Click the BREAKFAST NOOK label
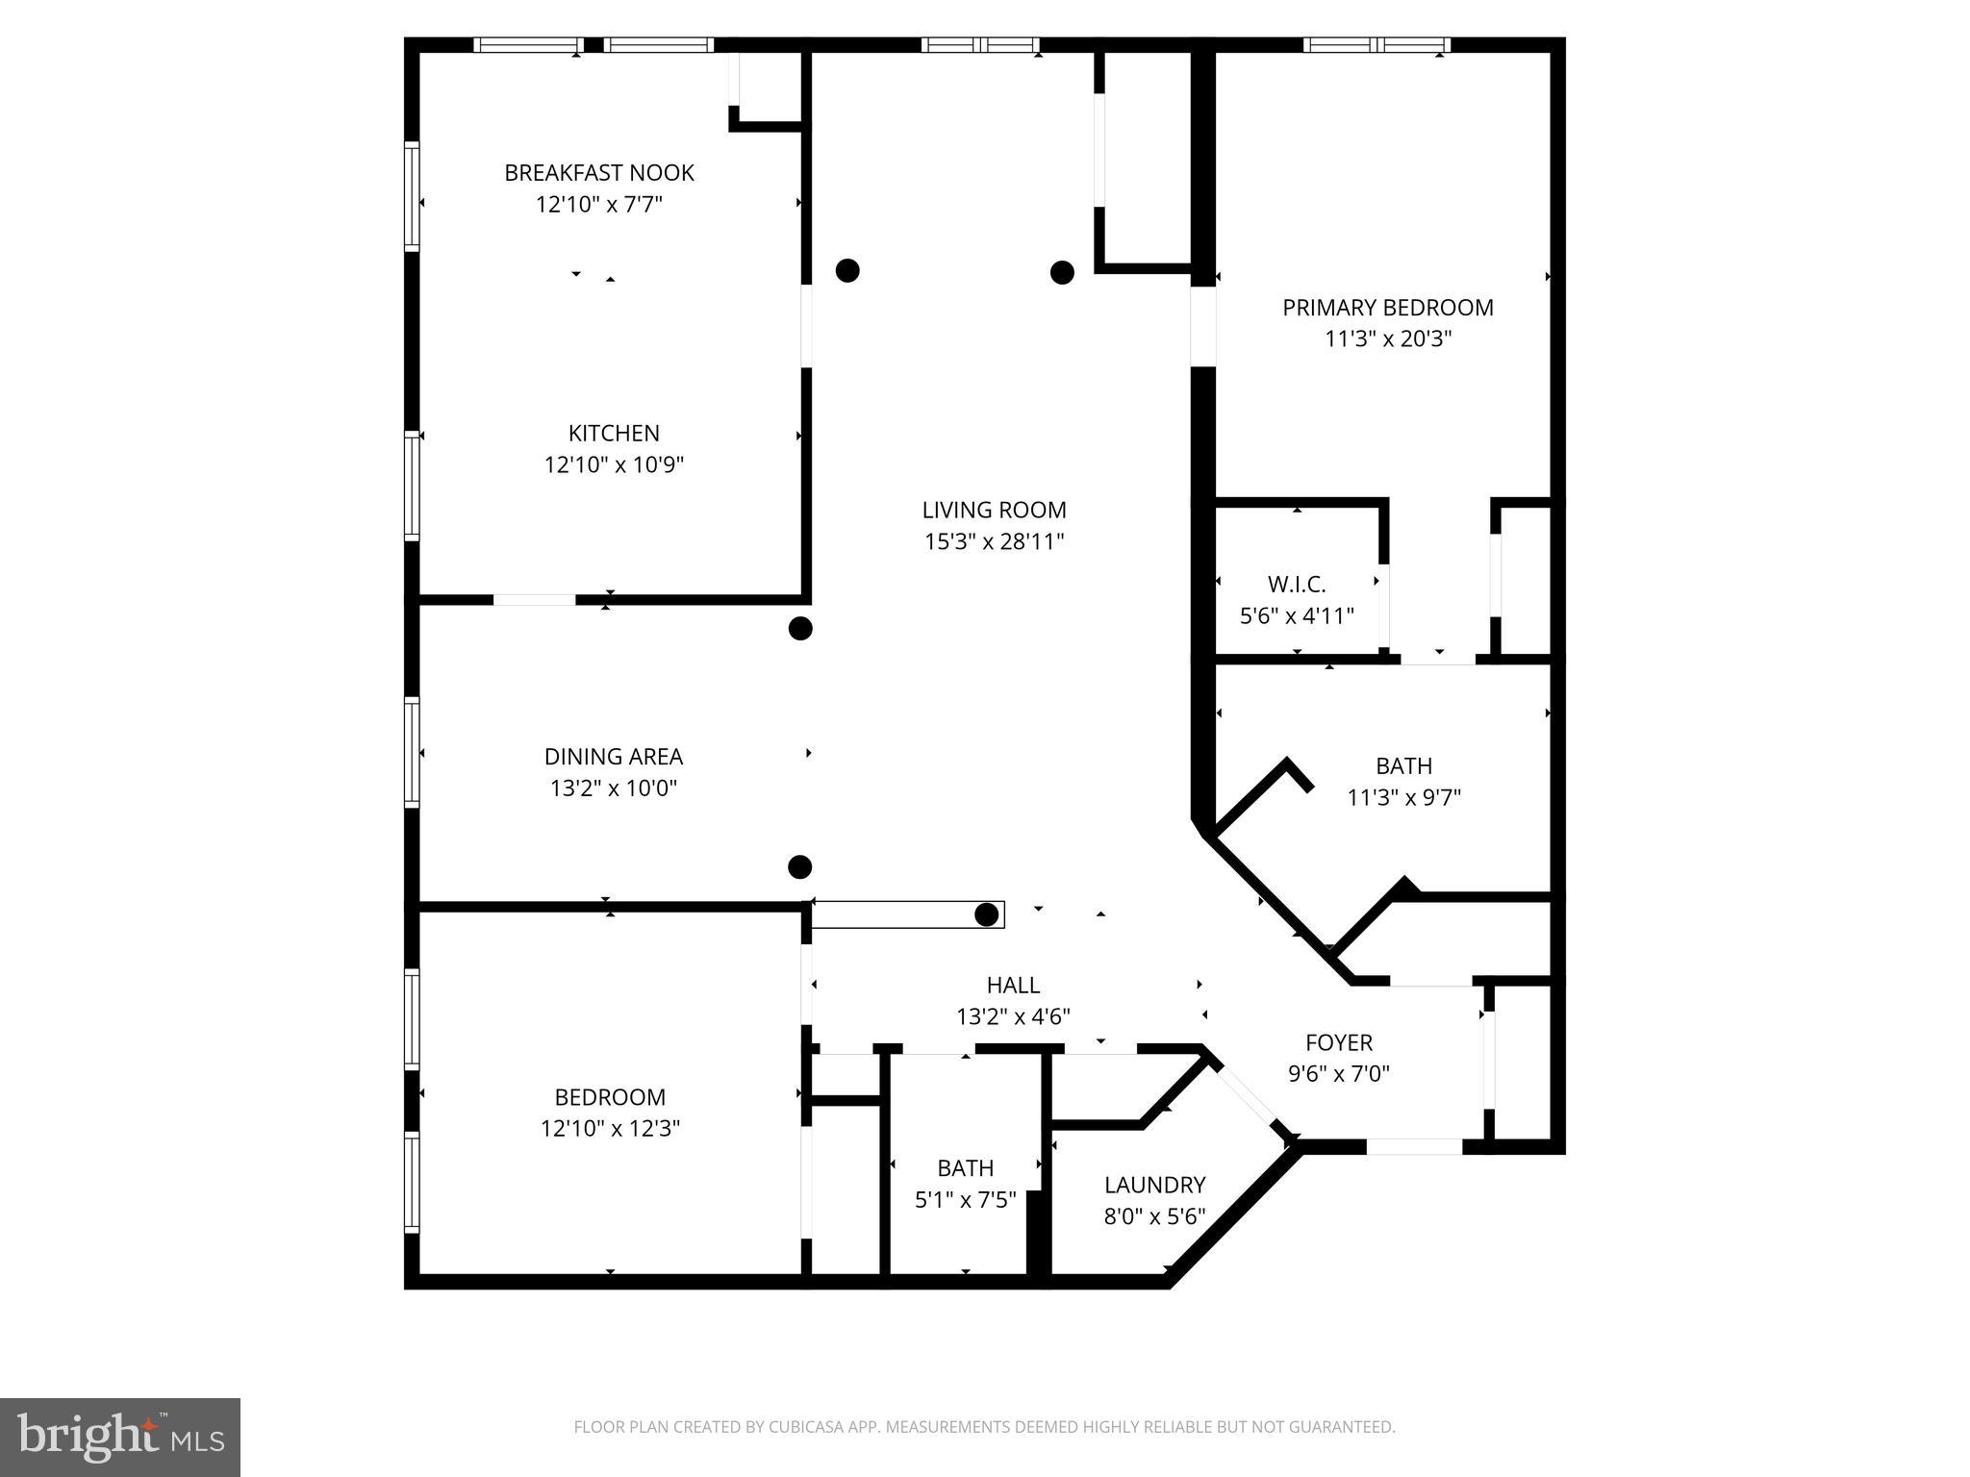click(x=598, y=173)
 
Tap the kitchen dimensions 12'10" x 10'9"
click(x=614, y=465)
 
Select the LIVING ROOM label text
click(x=994, y=511)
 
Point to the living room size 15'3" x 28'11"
click(x=994, y=542)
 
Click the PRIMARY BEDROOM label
click(x=1387, y=308)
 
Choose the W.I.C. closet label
click(x=1296, y=585)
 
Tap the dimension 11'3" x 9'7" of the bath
click(x=1403, y=798)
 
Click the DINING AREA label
click(x=613, y=757)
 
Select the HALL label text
click(x=1013, y=986)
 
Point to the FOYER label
click(x=1338, y=1042)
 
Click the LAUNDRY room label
click(x=1153, y=1185)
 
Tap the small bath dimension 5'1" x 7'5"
click(x=965, y=1200)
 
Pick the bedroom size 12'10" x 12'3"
click(x=610, y=1129)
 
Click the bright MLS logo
click(x=119, y=1437)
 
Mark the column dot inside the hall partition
click(x=986, y=914)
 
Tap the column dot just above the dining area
click(x=800, y=629)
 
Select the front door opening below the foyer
click(x=1414, y=1146)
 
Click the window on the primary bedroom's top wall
click(x=1376, y=44)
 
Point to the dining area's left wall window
click(x=412, y=752)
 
